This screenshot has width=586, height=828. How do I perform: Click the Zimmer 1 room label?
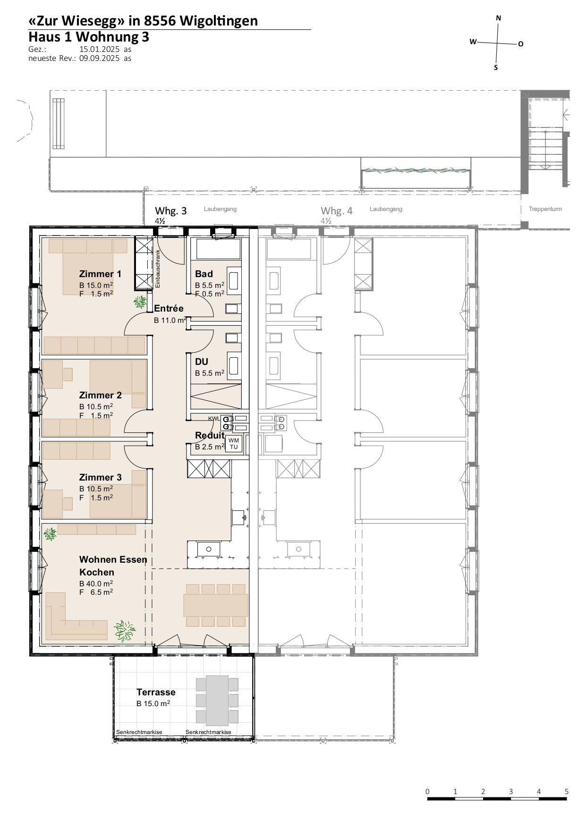click(100, 274)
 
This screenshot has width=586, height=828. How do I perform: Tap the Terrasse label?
click(156, 692)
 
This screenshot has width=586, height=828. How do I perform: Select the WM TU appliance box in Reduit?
click(234, 444)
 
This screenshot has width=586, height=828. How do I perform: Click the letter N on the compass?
click(499, 18)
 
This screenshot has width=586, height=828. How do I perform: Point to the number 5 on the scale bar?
click(567, 792)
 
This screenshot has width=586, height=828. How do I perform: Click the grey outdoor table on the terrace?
click(217, 701)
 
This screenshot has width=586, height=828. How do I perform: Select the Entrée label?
click(169, 308)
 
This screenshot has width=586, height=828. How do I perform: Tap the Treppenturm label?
click(545, 209)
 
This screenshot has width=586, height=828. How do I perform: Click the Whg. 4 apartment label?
click(337, 211)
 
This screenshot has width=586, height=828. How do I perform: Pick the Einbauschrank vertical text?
click(158, 269)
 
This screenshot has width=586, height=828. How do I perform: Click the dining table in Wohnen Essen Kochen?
click(216, 605)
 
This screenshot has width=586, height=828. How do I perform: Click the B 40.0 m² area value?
click(96, 583)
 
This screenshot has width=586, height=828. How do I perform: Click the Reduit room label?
click(210, 435)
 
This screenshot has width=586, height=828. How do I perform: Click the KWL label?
click(214, 419)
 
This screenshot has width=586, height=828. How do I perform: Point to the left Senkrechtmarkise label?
click(139, 732)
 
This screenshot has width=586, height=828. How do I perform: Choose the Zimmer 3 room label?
click(100, 477)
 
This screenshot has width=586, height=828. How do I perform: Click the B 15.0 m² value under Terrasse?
click(153, 703)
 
